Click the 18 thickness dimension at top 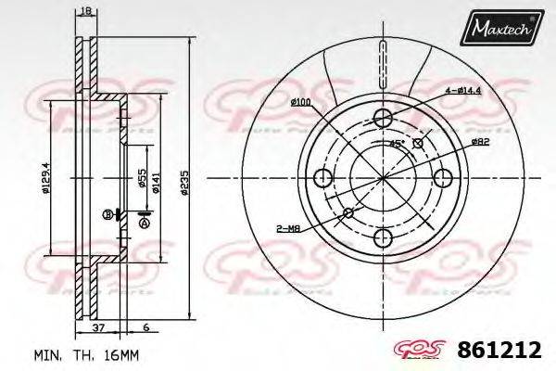click(x=84, y=10)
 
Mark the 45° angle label click(x=396, y=144)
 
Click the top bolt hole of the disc click(x=383, y=116)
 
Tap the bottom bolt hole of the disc click(x=383, y=239)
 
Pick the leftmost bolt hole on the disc click(x=322, y=178)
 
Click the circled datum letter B click(x=107, y=214)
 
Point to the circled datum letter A click(x=144, y=223)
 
